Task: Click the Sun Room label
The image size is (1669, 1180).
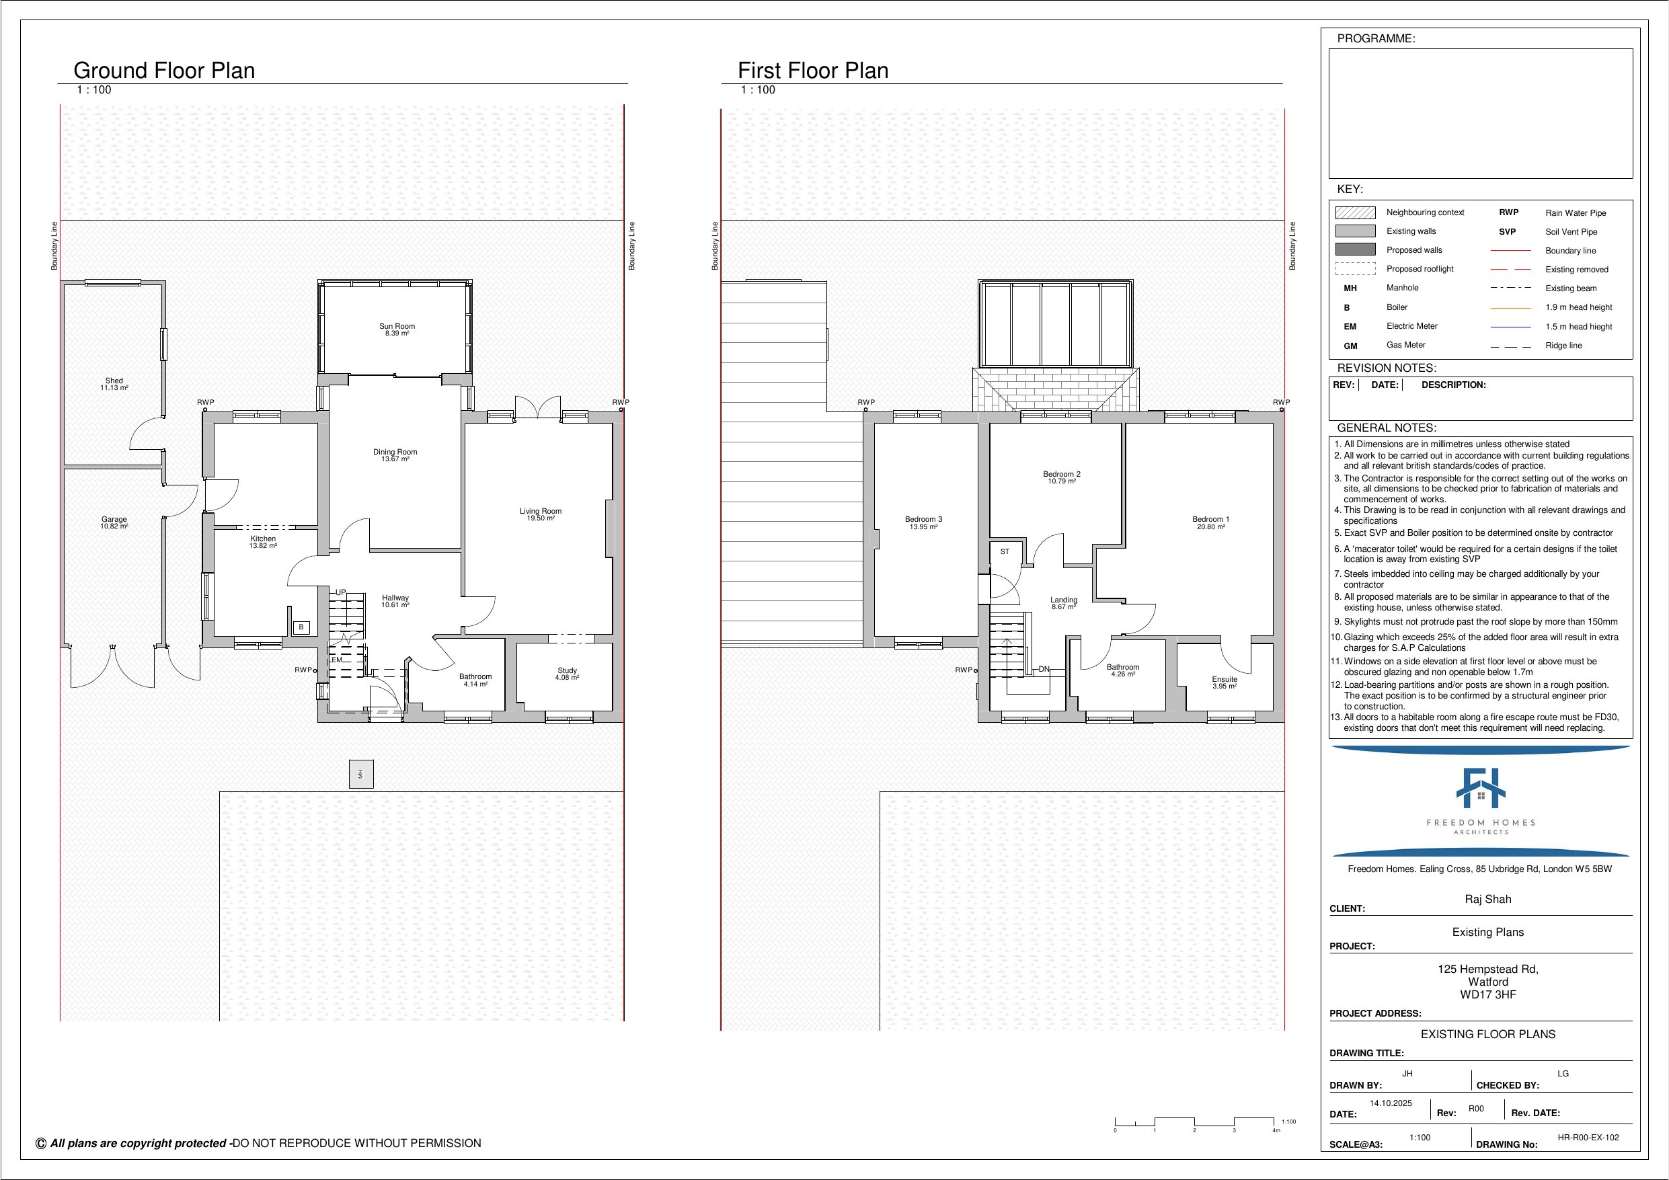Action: tap(397, 327)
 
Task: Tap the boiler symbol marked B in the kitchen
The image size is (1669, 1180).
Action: tap(301, 627)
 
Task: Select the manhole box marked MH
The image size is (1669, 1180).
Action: tap(361, 774)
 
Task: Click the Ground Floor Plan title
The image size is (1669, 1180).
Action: tap(164, 71)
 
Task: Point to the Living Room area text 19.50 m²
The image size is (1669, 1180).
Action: tap(540, 518)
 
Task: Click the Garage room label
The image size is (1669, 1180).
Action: tap(114, 520)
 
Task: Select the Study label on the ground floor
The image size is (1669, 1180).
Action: tap(567, 670)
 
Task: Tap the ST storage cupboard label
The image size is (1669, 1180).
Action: tap(1005, 552)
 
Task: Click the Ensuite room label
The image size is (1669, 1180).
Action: tap(1224, 679)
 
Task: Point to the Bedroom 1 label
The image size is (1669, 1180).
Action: tap(1210, 519)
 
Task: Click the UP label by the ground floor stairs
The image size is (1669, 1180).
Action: tap(340, 592)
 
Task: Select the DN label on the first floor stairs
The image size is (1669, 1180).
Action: tap(1044, 669)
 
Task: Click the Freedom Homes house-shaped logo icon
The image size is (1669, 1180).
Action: tap(1481, 788)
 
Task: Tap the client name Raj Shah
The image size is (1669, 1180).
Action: tap(1487, 900)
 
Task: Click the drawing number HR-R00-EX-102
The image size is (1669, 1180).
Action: tap(1588, 1137)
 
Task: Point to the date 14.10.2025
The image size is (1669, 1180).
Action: tap(1391, 1103)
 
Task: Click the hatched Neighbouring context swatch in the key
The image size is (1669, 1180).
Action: tap(1355, 212)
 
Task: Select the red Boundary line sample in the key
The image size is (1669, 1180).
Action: tap(1510, 250)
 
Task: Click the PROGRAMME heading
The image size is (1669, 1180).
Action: tap(1376, 38)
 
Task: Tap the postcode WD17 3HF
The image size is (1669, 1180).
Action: tap(1488, 994)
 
